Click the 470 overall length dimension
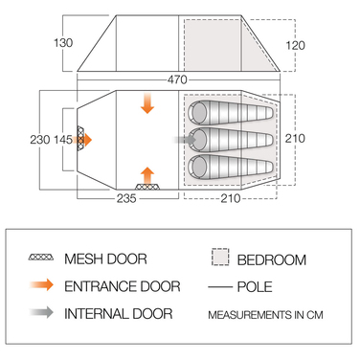[177, 79]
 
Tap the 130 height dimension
[63, 43]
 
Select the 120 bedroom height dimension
[295, 45]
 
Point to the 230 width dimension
[40, 140]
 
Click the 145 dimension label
[63, 140]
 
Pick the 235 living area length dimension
[126, 198]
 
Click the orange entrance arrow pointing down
[147, 103]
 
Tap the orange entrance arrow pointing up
[147, 175]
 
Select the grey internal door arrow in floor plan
[185, 140]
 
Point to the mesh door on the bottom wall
[147, 187]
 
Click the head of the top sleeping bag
[198, 113]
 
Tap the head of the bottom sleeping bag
[198, 167]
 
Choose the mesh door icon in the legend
[41, 258]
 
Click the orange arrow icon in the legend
[41, 284]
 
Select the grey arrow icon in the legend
[41, 312]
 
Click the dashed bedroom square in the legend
[220, 257]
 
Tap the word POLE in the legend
[255, 287]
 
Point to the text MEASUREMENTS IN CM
[265, 315]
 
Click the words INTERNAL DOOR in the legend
[119, 314]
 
